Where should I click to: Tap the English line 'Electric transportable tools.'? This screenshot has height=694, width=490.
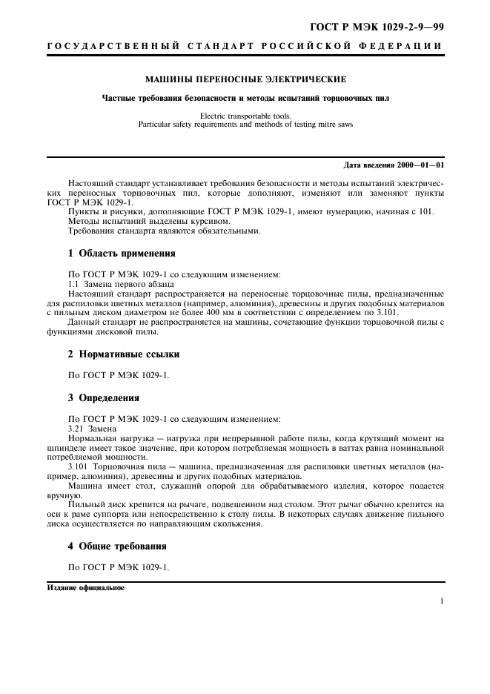coord(245,116)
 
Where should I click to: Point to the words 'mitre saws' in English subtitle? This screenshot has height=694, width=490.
coord(336,125)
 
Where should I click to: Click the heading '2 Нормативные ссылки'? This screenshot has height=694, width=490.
coord(124,354)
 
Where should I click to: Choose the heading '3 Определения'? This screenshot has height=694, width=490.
coord(104,398)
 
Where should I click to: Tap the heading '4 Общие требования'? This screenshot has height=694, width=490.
coord(117,546)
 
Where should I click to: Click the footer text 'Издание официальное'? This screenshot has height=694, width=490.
coord(86,588)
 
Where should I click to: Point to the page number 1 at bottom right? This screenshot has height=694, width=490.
coord(441,601)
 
